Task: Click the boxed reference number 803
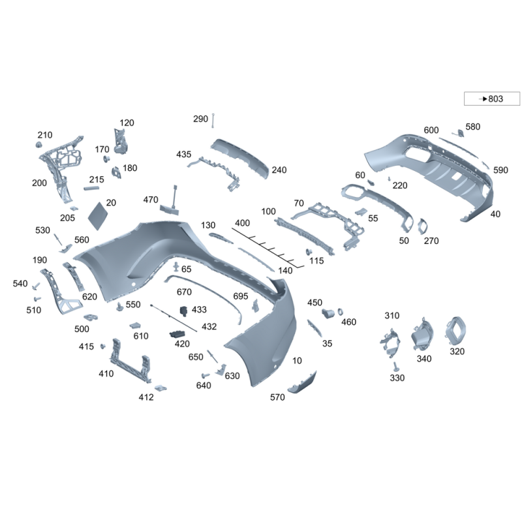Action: [495, 99]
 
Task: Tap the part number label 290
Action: [200, 119]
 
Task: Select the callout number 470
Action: [151, 200]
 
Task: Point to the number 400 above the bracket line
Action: [242, 223]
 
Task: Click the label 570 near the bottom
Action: [277, 397]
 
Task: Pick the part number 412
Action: [146, 397]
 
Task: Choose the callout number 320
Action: [457, 351]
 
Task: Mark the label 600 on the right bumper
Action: [431, 130]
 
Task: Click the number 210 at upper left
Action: [44, 135]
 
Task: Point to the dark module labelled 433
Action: [185, 311]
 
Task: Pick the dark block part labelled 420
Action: [177, 335]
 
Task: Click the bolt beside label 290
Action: [213, 121]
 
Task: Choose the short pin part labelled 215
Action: [91, 188]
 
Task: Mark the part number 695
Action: [241, 296]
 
